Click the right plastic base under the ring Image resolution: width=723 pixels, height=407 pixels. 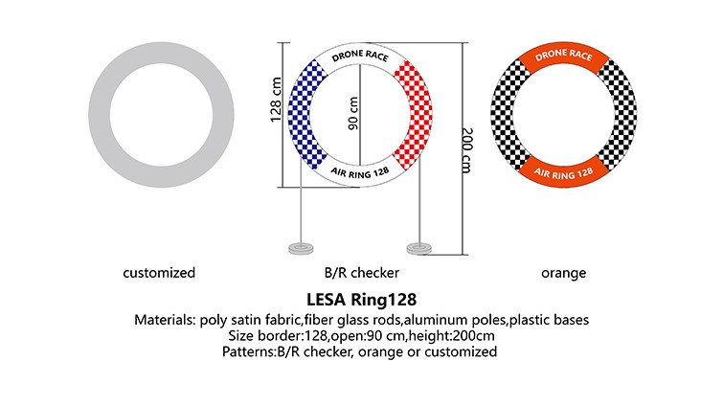pos(419,249)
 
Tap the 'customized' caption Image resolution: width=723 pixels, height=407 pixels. pos(159,273)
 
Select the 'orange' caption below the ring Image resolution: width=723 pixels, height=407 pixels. pos(563,273)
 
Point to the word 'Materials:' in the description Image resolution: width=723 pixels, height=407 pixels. pos(166,319)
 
